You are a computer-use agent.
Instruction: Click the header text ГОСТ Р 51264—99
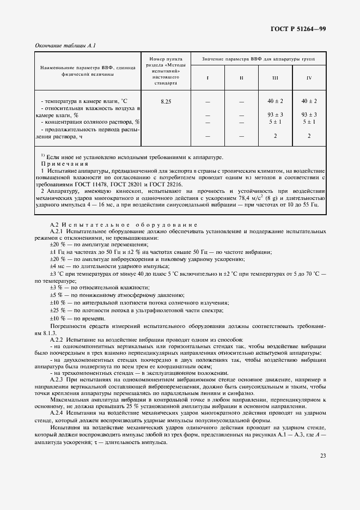point(299,29)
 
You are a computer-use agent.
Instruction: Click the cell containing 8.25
point(166,101)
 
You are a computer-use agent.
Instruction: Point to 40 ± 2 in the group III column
point(275,101)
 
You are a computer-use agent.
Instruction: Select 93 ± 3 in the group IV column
point(309,114)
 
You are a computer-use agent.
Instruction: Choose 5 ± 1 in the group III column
point(275,122)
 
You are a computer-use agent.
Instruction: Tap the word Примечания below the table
point(64,164)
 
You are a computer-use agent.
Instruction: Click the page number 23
point(322,456)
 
